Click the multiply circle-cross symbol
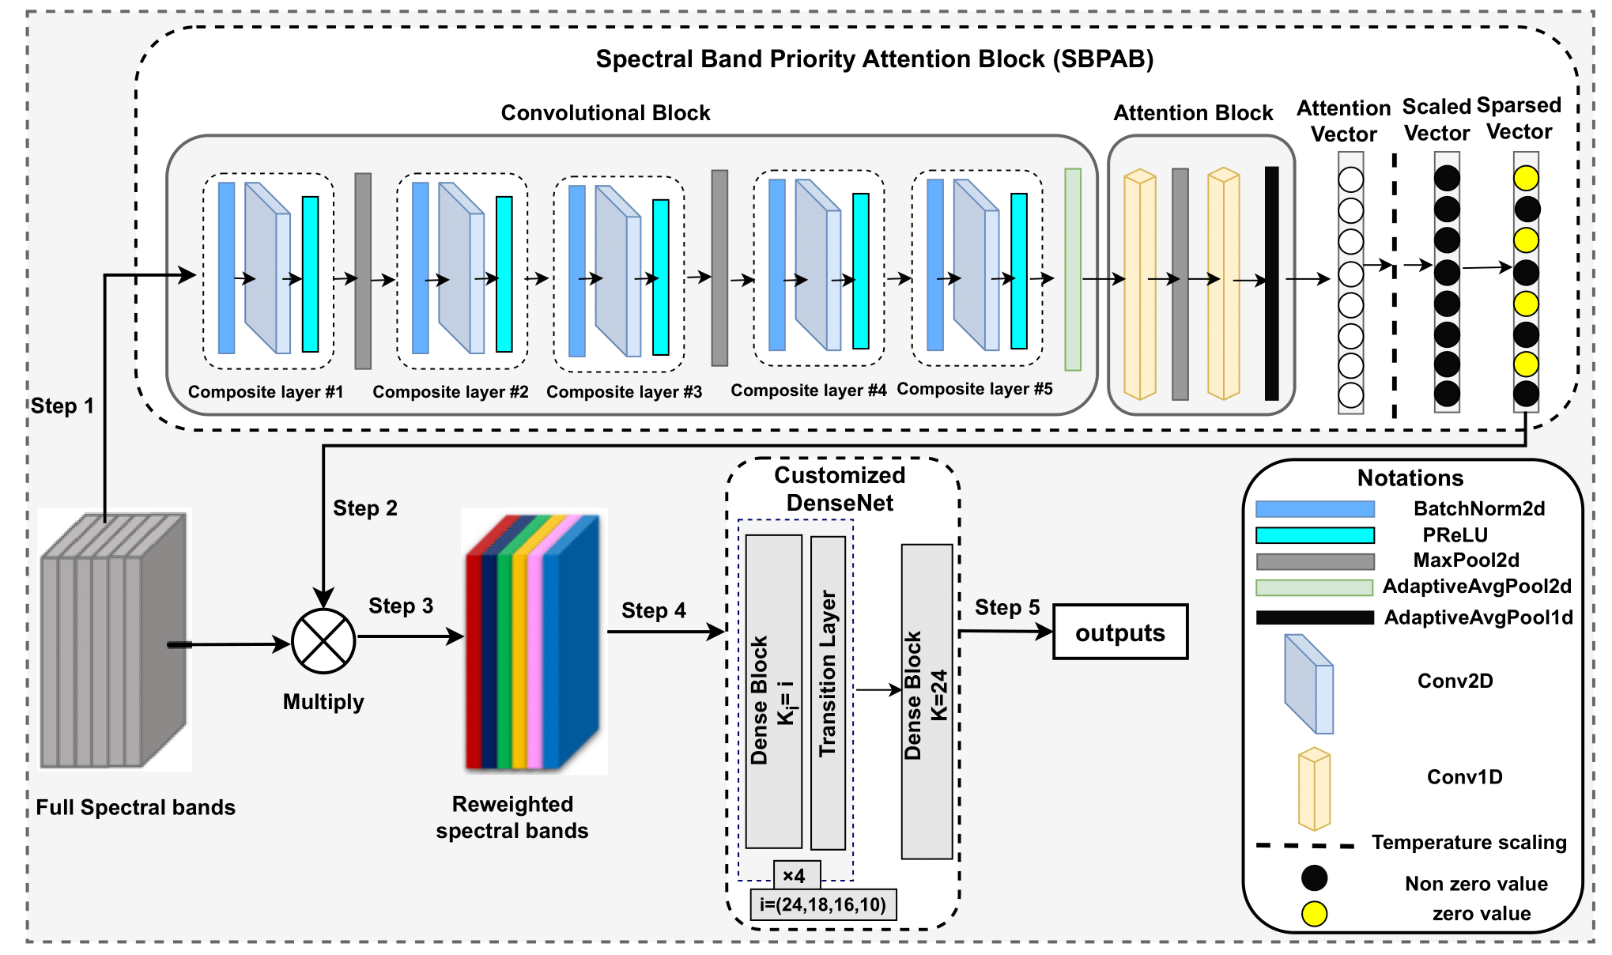tap(323, 641)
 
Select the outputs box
tap(1119, 632)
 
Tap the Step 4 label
tap(653, 610)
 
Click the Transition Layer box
tap(828, 693)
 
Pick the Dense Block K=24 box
tap(927, 700)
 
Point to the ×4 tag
tap(796, 875)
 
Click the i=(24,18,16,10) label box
tap(822, 904)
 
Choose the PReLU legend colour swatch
tap(1315, 535)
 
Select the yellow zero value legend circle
tap(1314, 914)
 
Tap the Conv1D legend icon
tap(1314, 789)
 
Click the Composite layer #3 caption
tap(624, 392)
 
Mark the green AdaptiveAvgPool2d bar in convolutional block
tap(1072, 270)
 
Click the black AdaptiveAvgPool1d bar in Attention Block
tap(1271, 283)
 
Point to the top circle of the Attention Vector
tap(1350, 180)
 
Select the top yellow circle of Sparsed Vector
tap(1526, 178)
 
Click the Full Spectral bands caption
tap(135, 807)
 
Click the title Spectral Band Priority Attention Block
tap(874, 59)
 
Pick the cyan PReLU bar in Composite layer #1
tap(310, 274)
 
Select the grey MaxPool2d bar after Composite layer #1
tap(363, 271)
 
